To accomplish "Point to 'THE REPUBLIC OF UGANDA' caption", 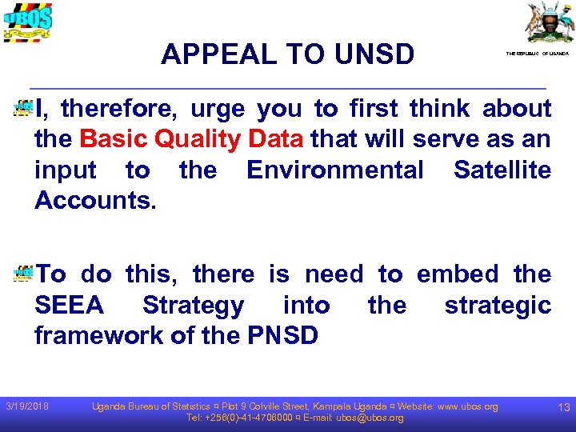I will point(537,53).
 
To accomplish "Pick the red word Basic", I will point(111,139).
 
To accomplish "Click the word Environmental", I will point(335,170).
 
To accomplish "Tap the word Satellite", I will point(502,170).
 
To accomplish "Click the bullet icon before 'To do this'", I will point(22,274).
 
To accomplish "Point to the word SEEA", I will point(70,305).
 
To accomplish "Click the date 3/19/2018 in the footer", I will point(27,407).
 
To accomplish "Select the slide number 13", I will point(563,408).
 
